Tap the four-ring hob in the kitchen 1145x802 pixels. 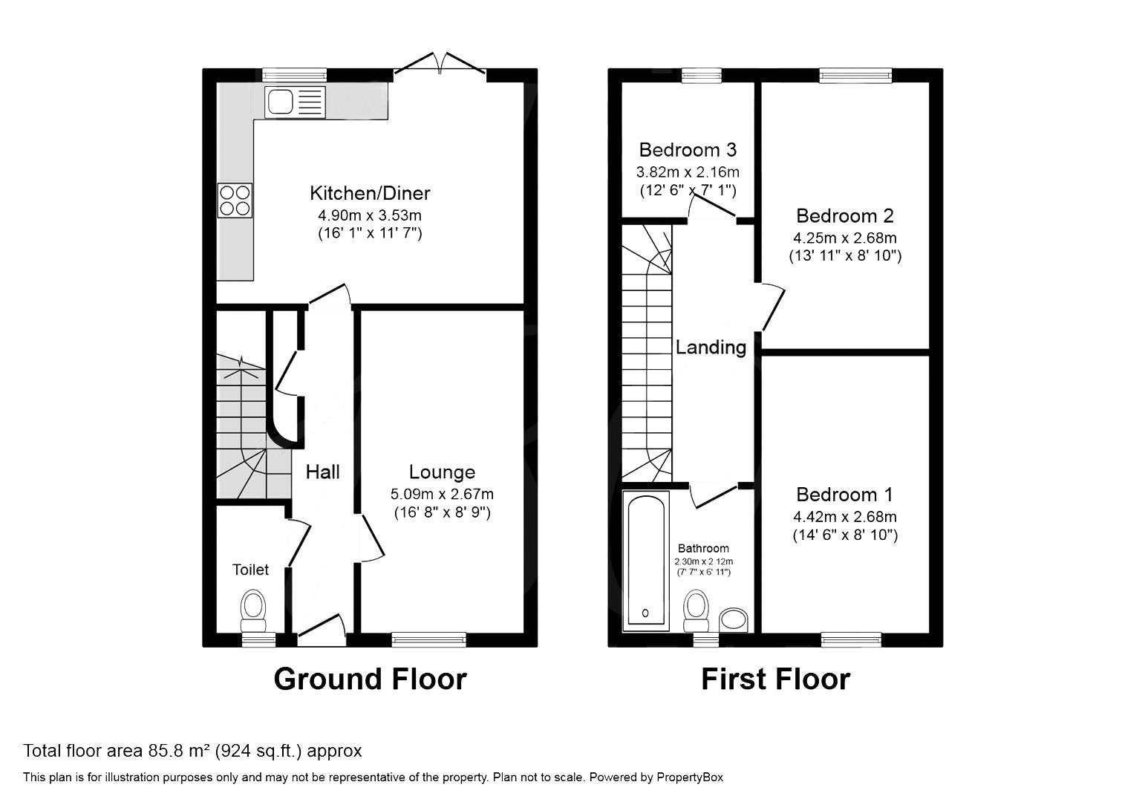tap(235, 200)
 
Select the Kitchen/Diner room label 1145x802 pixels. tap(370, 194)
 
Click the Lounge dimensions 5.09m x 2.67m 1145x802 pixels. tap(442, 495)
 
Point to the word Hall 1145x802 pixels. tap(323, 472)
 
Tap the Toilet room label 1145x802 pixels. tap(250, 570)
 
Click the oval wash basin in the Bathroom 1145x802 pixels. tap(734, 620)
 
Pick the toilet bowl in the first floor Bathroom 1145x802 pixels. tap(696, 606)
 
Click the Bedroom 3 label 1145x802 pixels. tap(688, 150)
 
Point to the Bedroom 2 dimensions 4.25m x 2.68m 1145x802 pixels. tap(845, 238)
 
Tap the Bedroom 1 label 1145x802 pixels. tap(844, 495)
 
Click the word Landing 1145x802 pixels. tap(711, 347)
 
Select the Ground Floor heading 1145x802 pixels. tap(370, 679)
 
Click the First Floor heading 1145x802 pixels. tap(775, 679)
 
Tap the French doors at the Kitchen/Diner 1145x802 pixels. tap(440, 65)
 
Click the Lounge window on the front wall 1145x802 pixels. tap(428, 639)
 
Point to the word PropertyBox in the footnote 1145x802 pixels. tap(688, 777)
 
